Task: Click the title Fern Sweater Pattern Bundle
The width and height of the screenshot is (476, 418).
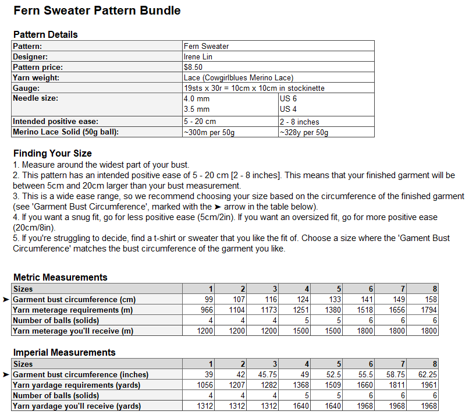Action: (x=97, y=10)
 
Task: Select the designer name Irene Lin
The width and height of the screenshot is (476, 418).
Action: (x=198, y=56)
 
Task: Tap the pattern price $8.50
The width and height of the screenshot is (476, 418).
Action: (x=193, y=67)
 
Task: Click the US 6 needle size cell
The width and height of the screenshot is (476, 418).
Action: (x=289, y=99)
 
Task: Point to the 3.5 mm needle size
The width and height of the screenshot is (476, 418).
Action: (x=196, y=109)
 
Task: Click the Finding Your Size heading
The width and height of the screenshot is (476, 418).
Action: (x=52, y=154)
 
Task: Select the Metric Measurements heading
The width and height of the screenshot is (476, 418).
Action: (x=61, y=277)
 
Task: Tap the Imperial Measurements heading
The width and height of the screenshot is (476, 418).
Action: (x=64, y=352)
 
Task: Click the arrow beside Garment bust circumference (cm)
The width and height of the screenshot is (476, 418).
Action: (x=6, y=300)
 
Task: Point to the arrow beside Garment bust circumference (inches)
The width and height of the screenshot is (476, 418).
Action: (x=6, y=375)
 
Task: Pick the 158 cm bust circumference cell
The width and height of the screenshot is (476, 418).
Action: (x=431, y=300)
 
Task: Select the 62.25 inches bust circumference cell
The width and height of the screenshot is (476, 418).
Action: (x=428, y=375)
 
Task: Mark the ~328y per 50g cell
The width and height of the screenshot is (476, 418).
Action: (x=304, y=133)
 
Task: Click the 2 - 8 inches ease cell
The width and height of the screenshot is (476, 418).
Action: (x=299, y=122)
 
